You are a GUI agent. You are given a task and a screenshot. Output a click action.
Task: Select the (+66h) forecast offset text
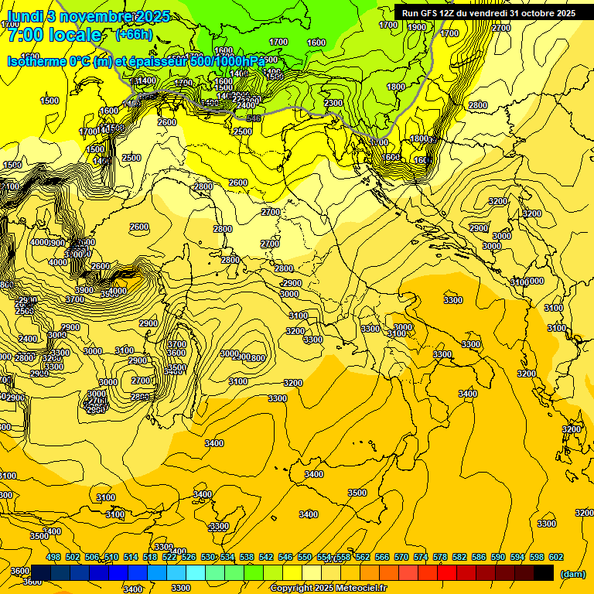point(134,35)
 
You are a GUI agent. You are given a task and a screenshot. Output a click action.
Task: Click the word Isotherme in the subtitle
point(36,62)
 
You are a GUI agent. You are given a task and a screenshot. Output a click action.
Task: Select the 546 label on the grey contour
point(253,118)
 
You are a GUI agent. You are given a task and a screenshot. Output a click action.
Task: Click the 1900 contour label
point(416,27)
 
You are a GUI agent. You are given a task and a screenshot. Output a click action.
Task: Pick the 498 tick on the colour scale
point(53,558)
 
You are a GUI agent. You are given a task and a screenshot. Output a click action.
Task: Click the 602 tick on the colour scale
point(555,558)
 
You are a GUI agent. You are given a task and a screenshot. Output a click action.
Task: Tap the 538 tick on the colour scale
point(247,558)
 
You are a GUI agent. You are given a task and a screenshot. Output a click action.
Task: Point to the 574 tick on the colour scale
point(421,558)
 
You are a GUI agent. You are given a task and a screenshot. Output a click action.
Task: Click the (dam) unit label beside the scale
point(572,574)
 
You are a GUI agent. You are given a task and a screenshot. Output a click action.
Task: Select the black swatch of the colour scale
point(544,572)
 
